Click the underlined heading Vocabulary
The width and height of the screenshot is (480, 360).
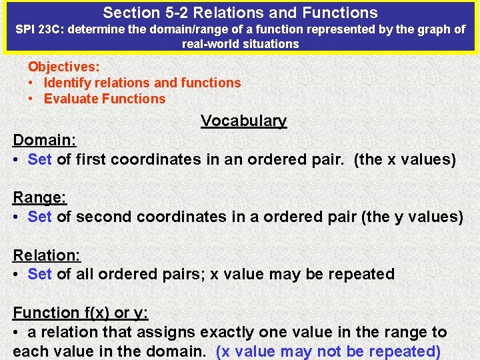(243, 121)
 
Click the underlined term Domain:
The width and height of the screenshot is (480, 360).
(45, 140)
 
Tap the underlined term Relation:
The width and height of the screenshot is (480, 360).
(47, 255)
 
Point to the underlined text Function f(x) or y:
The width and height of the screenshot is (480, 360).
(80, 313)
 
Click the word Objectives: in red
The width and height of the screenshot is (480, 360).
(64, 67)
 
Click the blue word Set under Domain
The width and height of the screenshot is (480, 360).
(40, 159)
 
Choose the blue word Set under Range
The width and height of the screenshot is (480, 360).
(40, 217)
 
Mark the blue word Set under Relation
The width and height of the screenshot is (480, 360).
(40, 274)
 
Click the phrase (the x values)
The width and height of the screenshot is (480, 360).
(405, 159)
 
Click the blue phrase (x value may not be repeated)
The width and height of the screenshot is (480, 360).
(329, 351)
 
